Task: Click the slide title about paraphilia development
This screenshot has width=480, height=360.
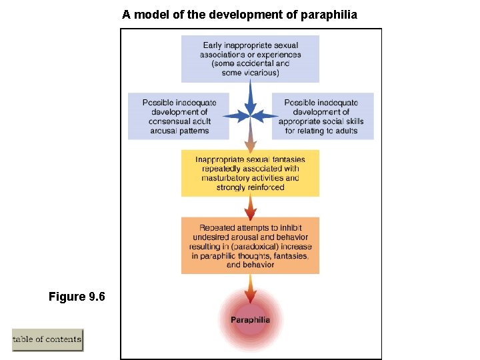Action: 240,13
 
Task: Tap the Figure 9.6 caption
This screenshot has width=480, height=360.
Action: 77,296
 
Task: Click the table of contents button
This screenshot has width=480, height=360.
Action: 47,339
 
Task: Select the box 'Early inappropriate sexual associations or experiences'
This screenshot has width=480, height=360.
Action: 250,59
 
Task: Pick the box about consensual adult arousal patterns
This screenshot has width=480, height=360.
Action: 178,116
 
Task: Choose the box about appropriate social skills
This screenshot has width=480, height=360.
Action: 322,116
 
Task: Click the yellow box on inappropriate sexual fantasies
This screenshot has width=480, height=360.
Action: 250,173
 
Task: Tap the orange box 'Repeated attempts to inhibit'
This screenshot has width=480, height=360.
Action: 250,245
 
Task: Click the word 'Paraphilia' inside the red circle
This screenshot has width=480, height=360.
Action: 251,320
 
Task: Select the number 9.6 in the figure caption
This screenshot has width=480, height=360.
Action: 97,296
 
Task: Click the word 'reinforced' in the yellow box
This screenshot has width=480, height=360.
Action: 264,187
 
